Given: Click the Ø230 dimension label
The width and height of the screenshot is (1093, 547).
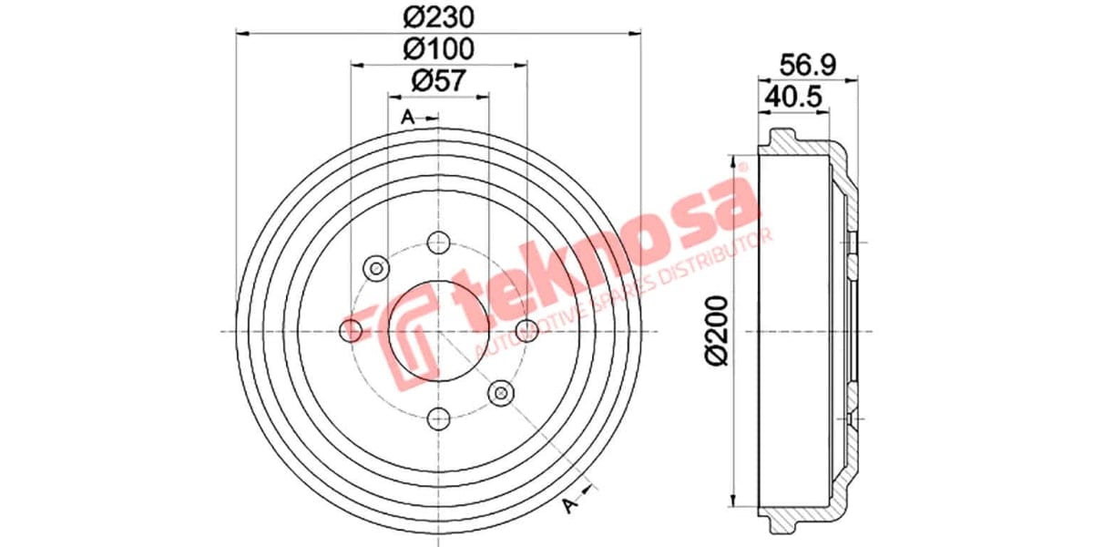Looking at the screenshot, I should (x=438, y=16).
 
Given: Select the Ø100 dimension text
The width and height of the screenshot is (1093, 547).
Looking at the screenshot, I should (x=438, y=48).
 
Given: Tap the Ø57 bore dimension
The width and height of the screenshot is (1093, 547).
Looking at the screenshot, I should (x=438, y=80).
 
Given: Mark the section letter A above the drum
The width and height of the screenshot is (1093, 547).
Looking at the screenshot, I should (x=408, y=117).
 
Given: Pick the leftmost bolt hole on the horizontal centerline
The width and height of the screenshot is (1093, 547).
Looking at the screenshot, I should (x=352, y=330).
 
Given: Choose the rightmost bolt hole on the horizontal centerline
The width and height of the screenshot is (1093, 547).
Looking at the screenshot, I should (x=526, y=330).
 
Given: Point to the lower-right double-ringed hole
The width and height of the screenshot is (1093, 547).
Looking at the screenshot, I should (x=501, y=393).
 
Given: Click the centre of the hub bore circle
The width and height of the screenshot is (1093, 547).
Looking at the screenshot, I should (x=439, y=330).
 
